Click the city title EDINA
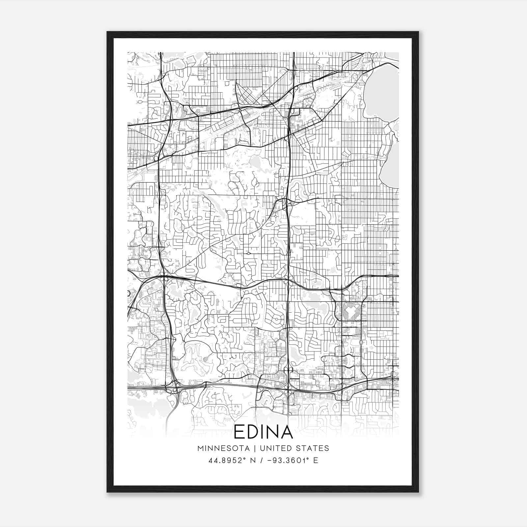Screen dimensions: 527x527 tap(263, 432)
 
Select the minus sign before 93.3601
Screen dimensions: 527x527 tap(269, 460)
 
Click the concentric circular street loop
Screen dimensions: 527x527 tap(276, 319)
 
